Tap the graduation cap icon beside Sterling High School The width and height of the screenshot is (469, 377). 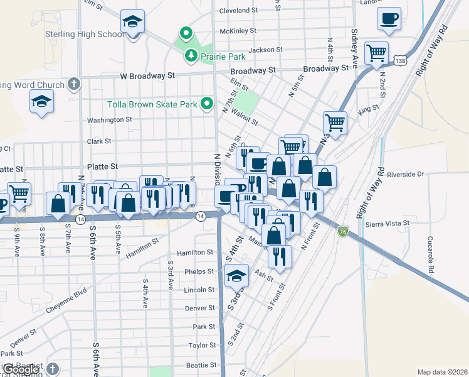(x=132, y=23)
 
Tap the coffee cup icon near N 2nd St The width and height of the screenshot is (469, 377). (x=389, y=19)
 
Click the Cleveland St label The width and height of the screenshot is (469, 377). (x=239, y=11)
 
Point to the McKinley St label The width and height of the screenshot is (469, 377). (x=238, y=30)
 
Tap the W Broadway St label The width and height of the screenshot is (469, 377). (x=147, y=75)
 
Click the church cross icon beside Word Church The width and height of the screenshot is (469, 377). (x=74, y=84)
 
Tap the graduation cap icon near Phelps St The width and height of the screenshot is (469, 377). (x=236, y=275)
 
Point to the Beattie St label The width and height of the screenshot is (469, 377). (x=201, y=365)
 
